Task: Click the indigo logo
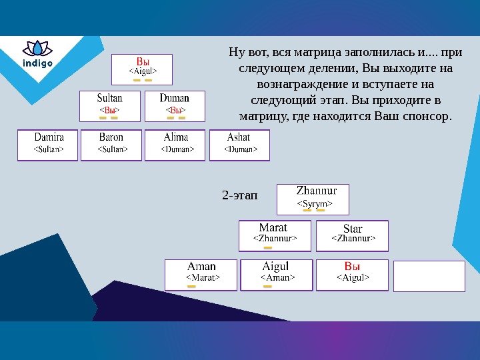click(x=37, y=55)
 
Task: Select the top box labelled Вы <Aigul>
click(x=142, y=69)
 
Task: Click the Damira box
click(x=48, y=145)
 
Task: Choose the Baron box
click(x=111, y=145)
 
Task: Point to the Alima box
click(x=176, y=145)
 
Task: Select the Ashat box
click(x=239, y=145)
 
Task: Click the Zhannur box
click(x=313, y=199)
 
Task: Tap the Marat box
click(x=274, y=235)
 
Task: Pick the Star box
click(x=351, y=235)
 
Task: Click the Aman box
click(x=201, y=275)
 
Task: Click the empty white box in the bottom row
click(x=429, y=276)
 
